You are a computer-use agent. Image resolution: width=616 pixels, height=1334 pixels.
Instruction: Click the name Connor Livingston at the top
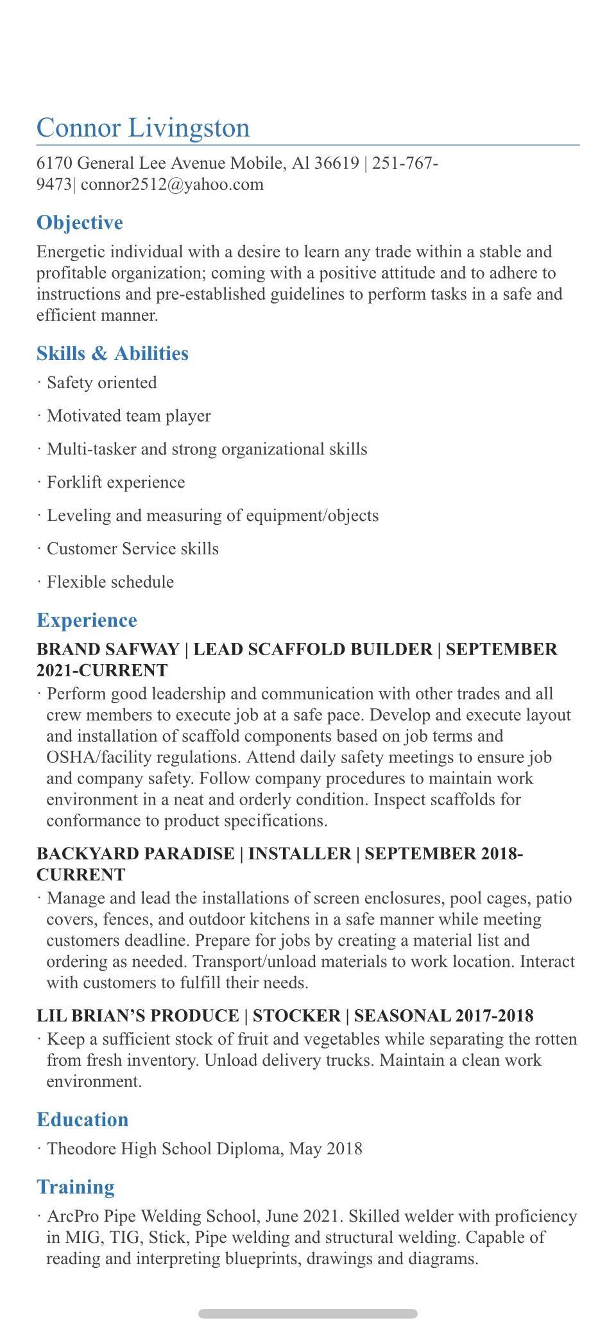tap(143, 127)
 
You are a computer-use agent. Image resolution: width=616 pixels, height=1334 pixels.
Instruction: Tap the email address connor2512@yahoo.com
tap(172, 184)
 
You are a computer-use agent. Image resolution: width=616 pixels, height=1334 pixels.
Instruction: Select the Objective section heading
tap(80, 223)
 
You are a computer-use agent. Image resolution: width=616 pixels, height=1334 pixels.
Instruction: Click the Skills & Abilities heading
tap(112, 354)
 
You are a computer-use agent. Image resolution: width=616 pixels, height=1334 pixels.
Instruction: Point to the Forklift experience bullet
tap(116, 483)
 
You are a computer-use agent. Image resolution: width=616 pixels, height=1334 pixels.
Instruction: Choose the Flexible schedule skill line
tap(110, 582)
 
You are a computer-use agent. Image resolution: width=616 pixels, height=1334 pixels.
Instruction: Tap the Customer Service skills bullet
tap(132, 549)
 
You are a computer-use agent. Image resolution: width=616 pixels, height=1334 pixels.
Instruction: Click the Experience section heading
tap(87, 620)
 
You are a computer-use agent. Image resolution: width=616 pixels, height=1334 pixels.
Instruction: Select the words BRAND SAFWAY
tap(107, 649)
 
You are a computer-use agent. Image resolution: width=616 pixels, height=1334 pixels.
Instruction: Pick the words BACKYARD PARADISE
tap(135, 854)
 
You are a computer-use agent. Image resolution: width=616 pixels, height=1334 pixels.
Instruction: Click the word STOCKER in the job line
tap(296, 1016)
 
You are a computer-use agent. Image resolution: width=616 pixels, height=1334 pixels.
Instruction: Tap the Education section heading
tap(82, 1120)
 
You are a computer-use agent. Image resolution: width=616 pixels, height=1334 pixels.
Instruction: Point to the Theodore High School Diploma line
tap(204, 1149)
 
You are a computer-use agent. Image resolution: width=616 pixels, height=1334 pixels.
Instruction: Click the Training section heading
tap(76, 1187)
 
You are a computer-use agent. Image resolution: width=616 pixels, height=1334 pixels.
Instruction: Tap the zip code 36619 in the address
tap(336, 163)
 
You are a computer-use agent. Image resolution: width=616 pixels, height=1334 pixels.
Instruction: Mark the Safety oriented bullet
tap(101, 382)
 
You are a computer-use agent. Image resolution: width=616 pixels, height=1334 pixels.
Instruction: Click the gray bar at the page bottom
tap(308, 1313)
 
